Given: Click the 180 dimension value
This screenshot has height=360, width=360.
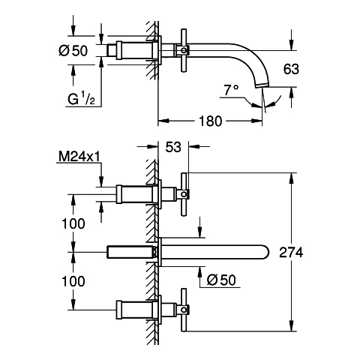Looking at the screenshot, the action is [210, 121].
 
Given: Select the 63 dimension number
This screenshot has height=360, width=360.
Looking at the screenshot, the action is [291, 69].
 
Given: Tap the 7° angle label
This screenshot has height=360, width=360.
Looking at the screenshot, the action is [231, 90].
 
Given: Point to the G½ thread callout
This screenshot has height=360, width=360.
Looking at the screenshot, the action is [81, 99].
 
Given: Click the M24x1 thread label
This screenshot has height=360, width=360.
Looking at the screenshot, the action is [79, 157].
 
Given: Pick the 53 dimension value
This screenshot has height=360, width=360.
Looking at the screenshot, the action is [173, 147].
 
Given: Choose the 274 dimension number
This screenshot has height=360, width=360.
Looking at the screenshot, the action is [291, 252].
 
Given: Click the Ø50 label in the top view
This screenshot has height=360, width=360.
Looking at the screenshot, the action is [73, 51].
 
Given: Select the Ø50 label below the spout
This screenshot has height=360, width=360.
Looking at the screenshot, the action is [221, 280].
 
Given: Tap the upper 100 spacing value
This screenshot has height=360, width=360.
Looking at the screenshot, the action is [73, 223].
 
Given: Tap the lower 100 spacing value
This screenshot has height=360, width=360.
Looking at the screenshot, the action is [73, 281].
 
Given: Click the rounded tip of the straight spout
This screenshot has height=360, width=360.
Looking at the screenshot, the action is [268, 252].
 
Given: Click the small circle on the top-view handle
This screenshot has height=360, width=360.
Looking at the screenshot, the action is [184, 50].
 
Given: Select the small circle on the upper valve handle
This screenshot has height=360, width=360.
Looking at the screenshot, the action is [184, 194].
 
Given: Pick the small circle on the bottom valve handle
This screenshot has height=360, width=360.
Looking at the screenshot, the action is [184, 310].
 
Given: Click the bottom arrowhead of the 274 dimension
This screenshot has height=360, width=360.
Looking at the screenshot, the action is [291, 325].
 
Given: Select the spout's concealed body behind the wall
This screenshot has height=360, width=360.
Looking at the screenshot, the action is [130, 252].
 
